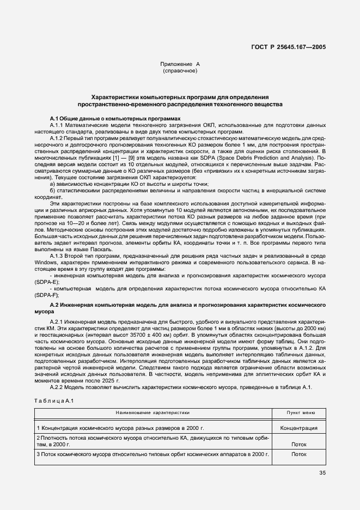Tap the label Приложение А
pos(180,64)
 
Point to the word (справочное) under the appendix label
pos(180,71)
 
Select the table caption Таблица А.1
pos(54,402)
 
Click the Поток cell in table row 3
pos(298,454)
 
